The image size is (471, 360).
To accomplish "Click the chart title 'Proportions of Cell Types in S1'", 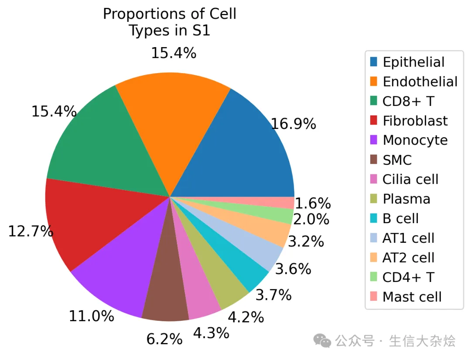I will [x=169, y=22].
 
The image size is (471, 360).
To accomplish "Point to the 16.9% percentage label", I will [x=294, y=125].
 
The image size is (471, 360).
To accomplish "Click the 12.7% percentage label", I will [x=31, y=231].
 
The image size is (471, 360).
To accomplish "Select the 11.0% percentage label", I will [x=92, y=316].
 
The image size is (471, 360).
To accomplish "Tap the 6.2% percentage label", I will [x=164, y=339].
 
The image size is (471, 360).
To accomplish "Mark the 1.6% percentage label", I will [x=313, y=204].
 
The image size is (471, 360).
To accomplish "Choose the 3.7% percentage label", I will [x=273, y=295].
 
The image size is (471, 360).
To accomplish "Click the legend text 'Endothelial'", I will [x=420, y=82].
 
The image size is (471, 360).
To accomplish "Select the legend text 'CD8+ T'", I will [x=408, y=102].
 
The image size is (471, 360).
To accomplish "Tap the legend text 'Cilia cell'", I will [x=410, y=180].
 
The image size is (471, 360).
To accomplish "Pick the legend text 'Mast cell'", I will [x=412, y=297].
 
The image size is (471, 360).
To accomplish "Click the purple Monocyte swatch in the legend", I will [x=374, y=140].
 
